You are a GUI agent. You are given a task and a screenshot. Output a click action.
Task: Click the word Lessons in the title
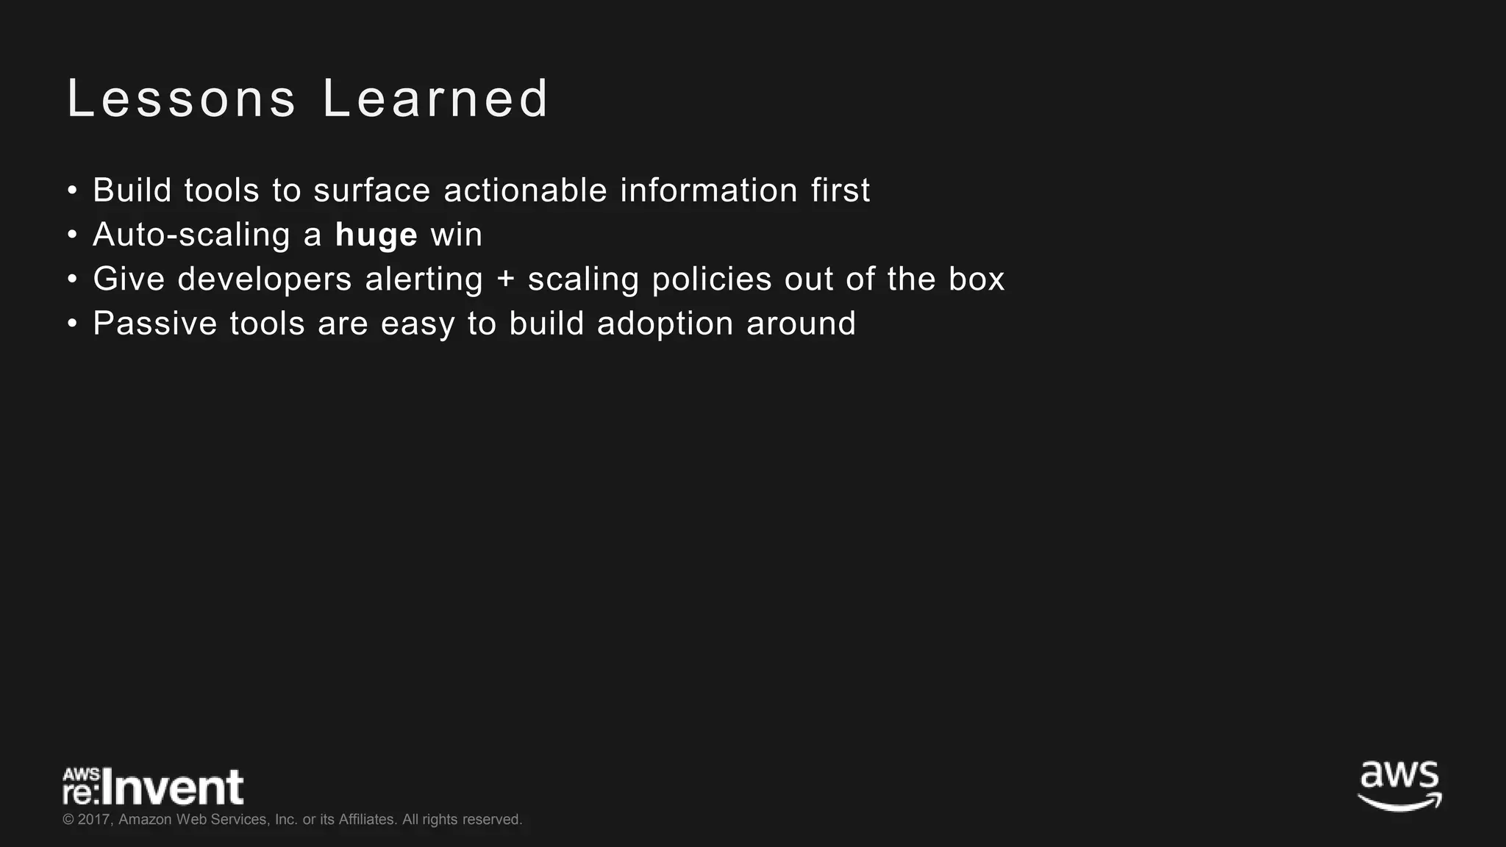pos(182,99)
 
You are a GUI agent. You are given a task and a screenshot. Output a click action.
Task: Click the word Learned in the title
pos(435,99)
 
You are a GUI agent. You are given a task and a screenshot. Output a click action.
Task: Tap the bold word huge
pos(376,235)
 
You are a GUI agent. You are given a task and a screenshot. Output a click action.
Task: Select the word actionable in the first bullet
pos(525,190)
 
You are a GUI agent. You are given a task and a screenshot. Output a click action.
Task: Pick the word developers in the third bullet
pos(265,280)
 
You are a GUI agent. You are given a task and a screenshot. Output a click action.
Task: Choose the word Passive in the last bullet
pos(155,324)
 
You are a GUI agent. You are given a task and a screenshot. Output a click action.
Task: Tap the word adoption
pos(665,324)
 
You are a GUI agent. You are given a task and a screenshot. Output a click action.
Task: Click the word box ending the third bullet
pos(976,279)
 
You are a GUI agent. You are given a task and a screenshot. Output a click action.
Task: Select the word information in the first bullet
pos(709,190)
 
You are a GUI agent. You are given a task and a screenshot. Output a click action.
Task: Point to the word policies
pos(712,280)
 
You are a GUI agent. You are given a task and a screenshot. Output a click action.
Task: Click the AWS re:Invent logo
pos(153,787)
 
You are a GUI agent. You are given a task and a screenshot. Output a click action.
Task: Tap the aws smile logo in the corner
pos(1399,786)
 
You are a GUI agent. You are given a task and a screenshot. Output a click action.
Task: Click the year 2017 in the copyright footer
pos(94,820)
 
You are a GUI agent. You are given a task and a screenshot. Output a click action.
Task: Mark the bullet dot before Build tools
pos(71,191)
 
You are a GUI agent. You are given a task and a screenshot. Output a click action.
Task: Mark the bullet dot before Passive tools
pos(71,324)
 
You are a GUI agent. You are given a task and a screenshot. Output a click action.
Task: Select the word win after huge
pos(456,235)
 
